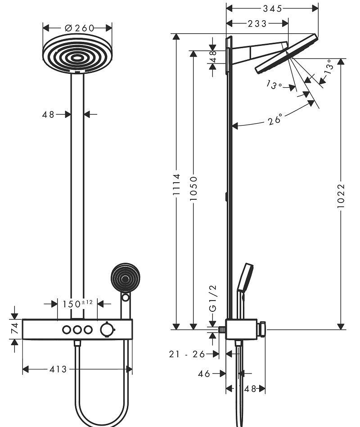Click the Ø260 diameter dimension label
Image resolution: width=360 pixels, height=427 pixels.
[79, 28]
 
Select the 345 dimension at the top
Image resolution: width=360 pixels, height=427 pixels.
[273, 9]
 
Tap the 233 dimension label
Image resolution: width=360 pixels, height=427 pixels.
[257, 24]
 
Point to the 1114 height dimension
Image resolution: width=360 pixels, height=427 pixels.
[176, 184]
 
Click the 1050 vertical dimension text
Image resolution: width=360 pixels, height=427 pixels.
[193, 189]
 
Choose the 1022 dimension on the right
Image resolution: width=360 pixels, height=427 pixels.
[341, 196]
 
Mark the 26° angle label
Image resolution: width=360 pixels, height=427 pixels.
[275, 120]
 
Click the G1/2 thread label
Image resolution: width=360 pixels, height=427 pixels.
[213, 298]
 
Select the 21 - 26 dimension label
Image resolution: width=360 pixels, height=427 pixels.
[187, 354]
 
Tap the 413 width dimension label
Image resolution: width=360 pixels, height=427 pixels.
[58, 369]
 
